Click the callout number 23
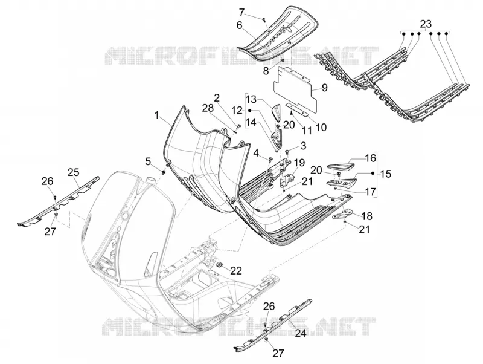pos(426,24)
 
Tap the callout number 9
pos(325,88)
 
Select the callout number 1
pos(157,116)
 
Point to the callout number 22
pos(236,270)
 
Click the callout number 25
pos(74,172)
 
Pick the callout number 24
pos(301,333)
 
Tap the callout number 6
pos(239,25)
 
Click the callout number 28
pos(208,108)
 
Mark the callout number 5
pos(148,161)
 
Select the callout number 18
pos(366,216)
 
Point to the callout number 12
pos(237,110)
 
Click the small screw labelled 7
pos(264,20)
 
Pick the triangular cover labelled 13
pos(277,112)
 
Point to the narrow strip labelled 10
pos(296,110)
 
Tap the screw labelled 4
pos(270,159)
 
